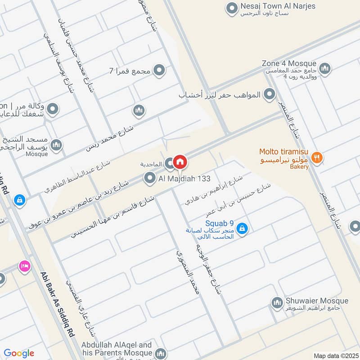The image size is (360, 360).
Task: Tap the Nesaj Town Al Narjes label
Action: coord(278,6)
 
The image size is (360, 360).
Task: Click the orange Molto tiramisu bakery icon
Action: coord(318,157)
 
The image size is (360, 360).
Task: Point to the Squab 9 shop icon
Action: coord(242,228)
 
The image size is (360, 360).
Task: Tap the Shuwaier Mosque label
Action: coord(317,301)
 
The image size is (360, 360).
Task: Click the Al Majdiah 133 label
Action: coord(184,179)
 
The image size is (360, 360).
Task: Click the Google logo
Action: coord(19,353)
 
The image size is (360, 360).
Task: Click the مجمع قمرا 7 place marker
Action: coord(158,70)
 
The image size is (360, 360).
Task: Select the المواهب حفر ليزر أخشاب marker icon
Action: coord(269,94)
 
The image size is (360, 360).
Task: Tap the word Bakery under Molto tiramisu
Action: coord(299,167)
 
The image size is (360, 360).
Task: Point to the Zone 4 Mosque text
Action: coord(289,63)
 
